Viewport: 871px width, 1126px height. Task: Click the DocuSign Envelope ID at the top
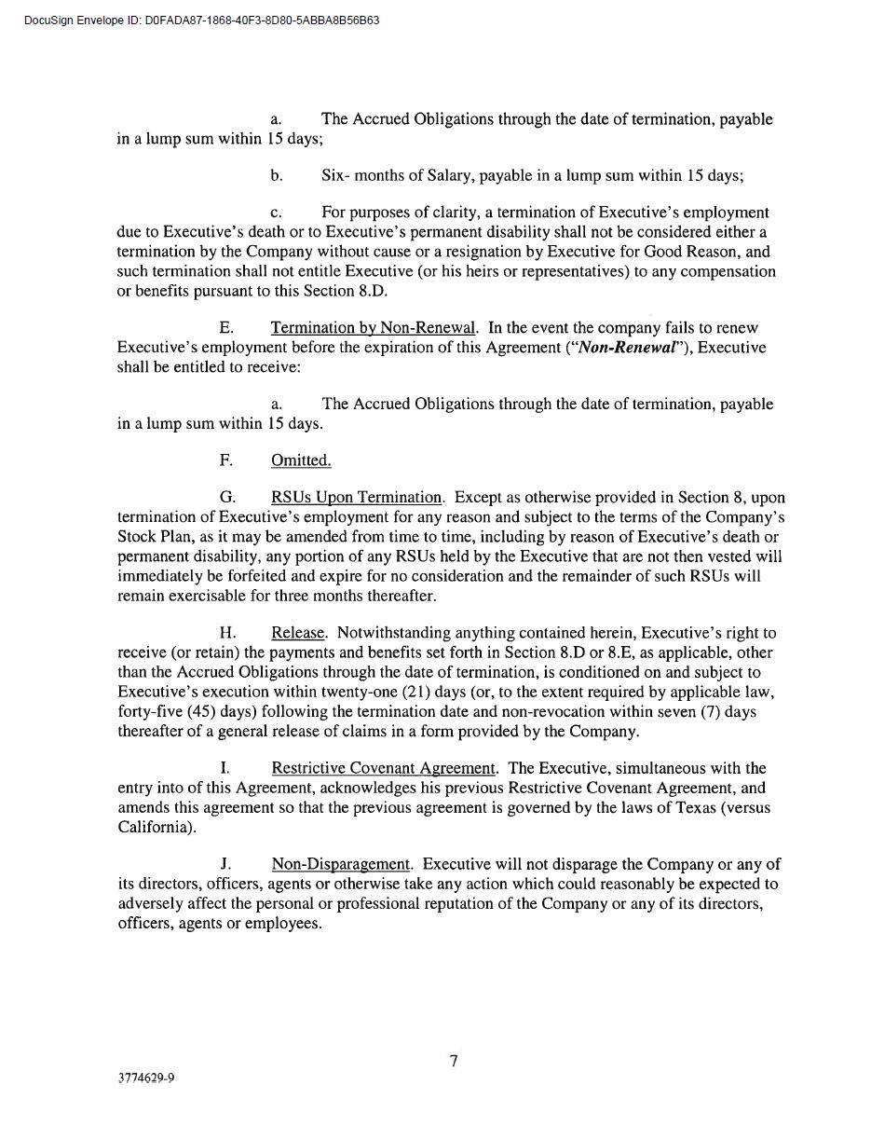pos(201,21)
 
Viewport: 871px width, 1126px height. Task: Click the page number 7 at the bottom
pos(454,1061)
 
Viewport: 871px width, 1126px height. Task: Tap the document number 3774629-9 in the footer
pos(146,1078)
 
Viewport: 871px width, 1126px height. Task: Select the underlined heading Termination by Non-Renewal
pos(373,328)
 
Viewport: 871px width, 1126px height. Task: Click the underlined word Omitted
pos(301,460)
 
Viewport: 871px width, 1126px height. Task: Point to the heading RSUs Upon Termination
pos(356,498)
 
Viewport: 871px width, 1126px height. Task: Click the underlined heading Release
pos(298,633)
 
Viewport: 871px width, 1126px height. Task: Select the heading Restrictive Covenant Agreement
pos(383,768)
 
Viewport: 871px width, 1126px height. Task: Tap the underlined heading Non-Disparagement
pos(341,864)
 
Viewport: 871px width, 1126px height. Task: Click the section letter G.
pos(226,498)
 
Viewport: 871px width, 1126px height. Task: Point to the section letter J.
pos(225,864)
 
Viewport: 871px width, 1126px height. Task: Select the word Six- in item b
pos(335,175)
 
